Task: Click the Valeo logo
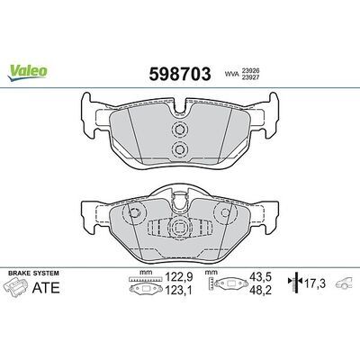[x=27, y=72]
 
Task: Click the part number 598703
[x=180, y=74]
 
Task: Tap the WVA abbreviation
[x=230, y=73]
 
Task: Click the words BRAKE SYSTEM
[x=33, y=274]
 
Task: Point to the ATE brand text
[x=46, y=288]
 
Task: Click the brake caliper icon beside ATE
[x=15, y=287]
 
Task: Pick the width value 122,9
[x=179, y=276]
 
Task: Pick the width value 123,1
[x=179, y=290]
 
